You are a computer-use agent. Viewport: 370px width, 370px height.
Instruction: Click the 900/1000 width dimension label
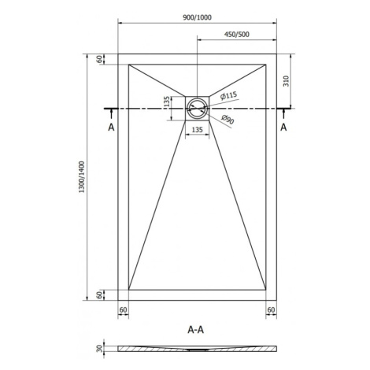(x=197, y=17)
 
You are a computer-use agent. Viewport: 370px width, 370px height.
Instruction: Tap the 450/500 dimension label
(x=237, y=35)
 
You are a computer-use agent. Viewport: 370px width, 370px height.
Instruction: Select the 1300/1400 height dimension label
(x=82, y=177)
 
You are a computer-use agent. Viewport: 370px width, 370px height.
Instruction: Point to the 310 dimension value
(x=286, y=81)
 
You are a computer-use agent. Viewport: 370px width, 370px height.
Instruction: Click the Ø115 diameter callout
(x=228, y=95)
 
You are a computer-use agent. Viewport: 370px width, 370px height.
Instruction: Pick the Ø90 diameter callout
(x=228, y=120)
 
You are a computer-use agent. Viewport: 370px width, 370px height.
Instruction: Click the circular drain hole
(x=197, y=109)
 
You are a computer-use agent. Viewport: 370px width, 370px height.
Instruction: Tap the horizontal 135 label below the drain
(x=198, y=130)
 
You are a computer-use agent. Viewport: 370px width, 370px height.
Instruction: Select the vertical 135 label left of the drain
(x=166, y=102)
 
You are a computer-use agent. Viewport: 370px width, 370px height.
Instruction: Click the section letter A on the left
(x=111, y=128)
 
